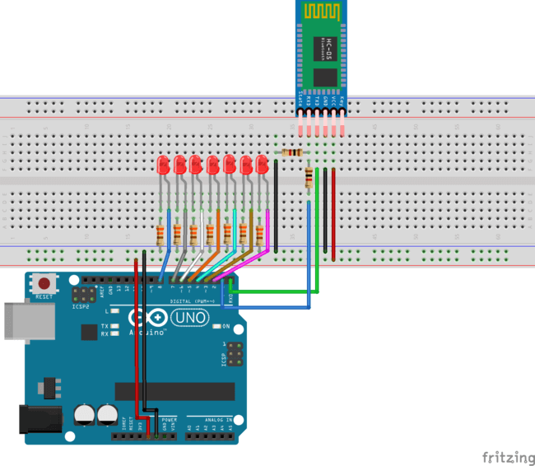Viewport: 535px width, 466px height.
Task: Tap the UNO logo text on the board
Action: pos(189,316)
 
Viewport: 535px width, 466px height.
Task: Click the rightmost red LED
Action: pos(262,163)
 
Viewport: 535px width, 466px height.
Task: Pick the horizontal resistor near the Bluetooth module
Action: pos(292,152)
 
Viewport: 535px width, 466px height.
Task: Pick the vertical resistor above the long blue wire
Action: pos(309,178)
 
